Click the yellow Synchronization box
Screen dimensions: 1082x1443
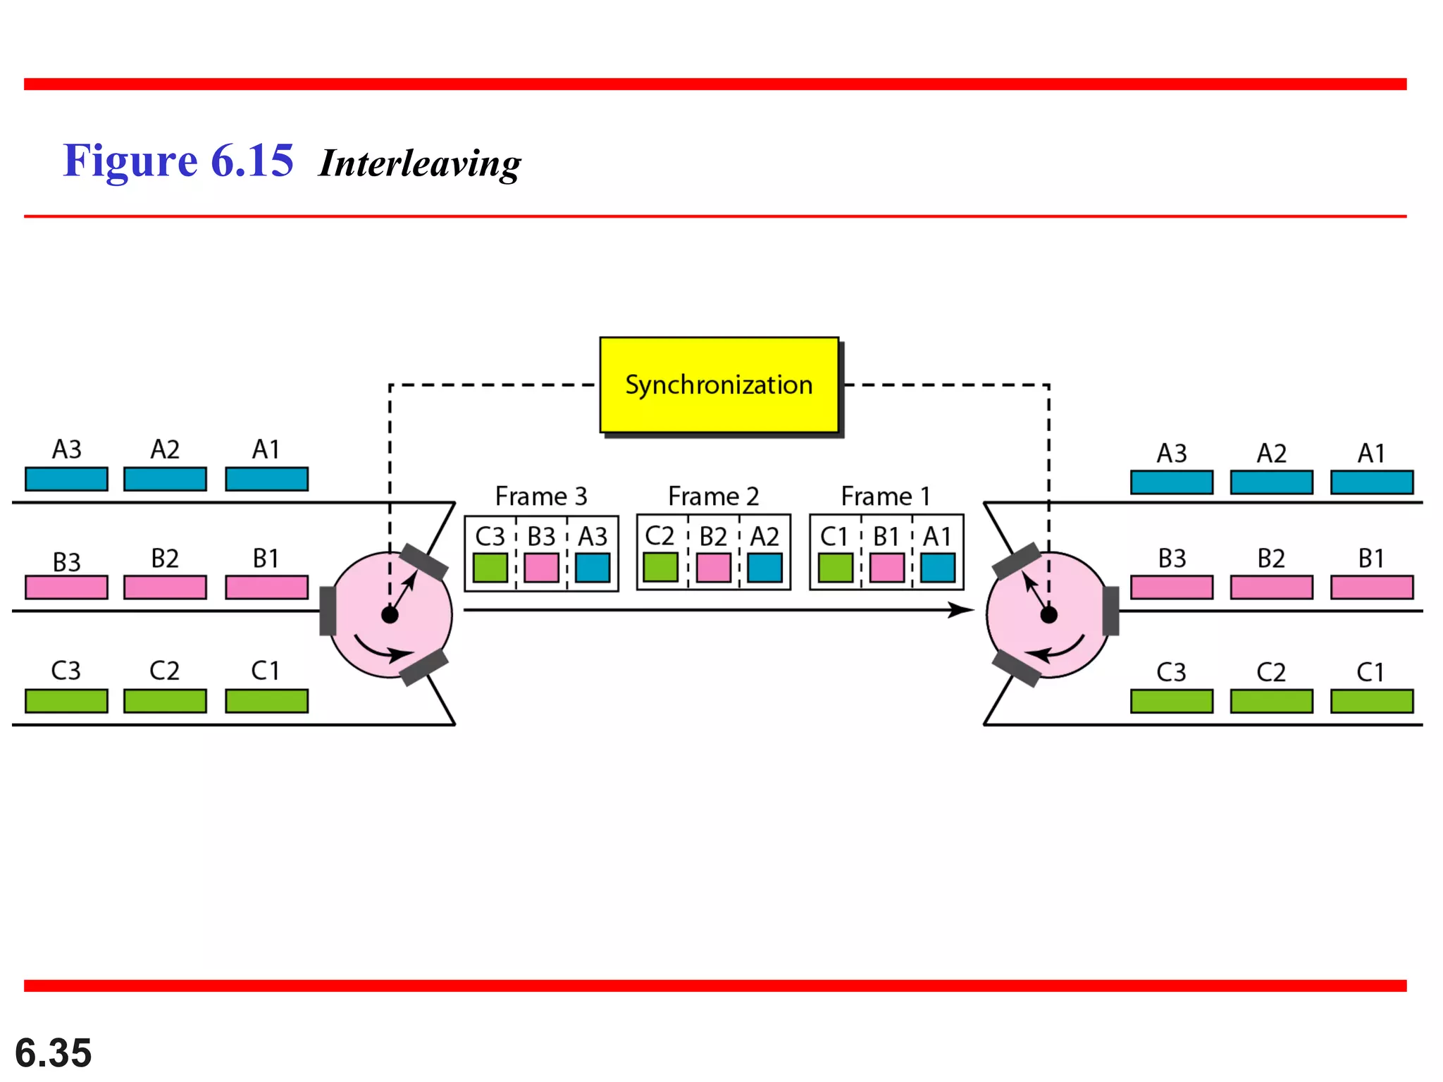(719, 385)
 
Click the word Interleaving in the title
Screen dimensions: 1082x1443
(420, 163)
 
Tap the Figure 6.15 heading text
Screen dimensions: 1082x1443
(178, 161)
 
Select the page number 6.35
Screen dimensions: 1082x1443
(54, 1052)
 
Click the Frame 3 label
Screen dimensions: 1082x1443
(540, 496)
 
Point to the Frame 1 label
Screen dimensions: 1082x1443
(886, 496)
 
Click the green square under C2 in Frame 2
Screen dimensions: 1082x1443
(661, 567)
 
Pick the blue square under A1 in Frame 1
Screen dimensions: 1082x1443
(938, 568)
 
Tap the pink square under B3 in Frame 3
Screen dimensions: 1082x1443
(541, 568)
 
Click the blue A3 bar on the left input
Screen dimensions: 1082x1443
(66, 479)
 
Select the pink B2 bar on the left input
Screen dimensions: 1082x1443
(165, 587)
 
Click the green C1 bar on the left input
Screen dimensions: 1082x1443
(266, 701)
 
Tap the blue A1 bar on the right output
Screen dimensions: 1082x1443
(1371, 483)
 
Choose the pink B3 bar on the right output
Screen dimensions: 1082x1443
(1171, 587)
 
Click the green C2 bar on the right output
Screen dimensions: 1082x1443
(1271, 701)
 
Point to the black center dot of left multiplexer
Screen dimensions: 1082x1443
(390, 615)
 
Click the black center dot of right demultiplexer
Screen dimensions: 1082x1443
(1048, 615)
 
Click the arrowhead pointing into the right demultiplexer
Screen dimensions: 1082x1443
(961, 609)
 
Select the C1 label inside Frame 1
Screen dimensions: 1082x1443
(834, 537)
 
